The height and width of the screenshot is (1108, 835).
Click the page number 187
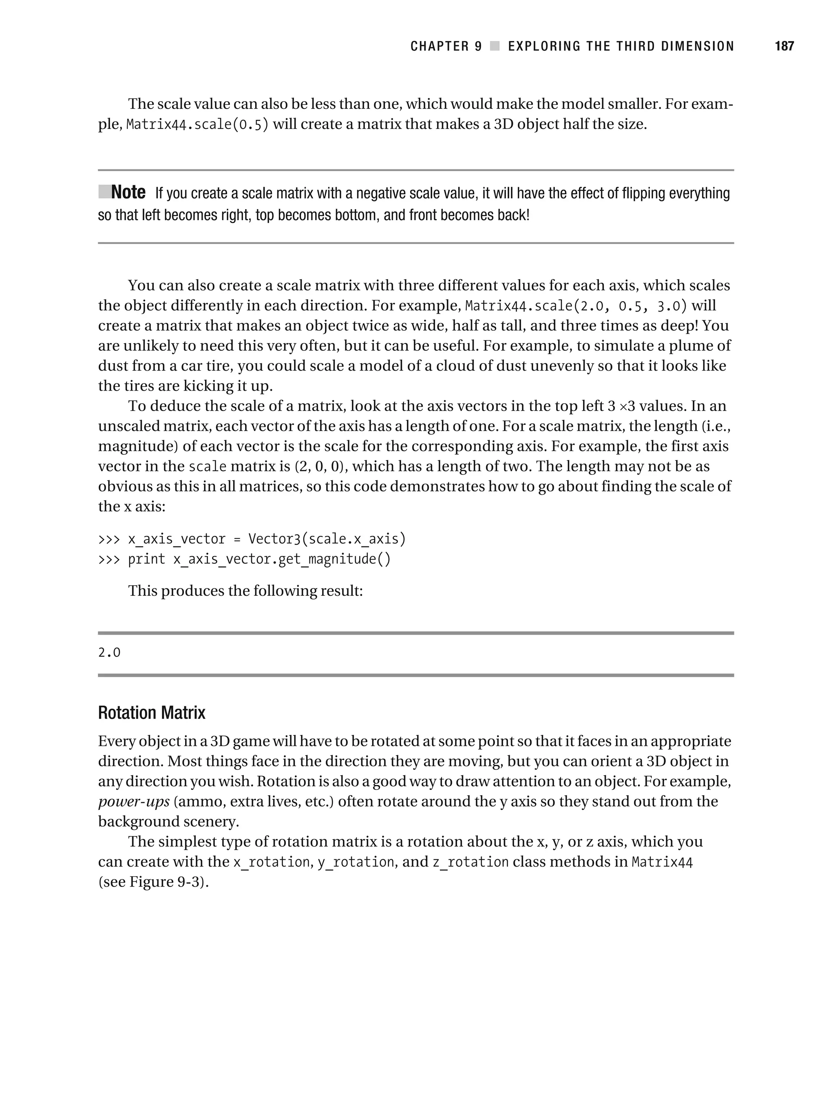pyautogui.click(x=784, y=46)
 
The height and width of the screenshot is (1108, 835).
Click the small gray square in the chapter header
pyautogui.click(x=495, y=46)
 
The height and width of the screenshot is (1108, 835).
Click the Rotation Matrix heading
pyautogui.click(x=151, y=713)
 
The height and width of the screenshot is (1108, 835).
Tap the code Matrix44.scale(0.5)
pyautogui.click(x=197, y=125)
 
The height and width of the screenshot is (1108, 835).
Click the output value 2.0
pyautogui.click(x=109, y=652)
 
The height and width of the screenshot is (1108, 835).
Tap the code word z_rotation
pyautogui.click(x=471, y=862)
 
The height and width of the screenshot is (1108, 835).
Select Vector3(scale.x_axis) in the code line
pyautogui.click(x=327, y=539)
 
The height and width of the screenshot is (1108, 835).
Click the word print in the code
pyautogui.click(x=146, y=559)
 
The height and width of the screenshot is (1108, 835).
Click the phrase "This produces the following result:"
pyautogui.click(x=245, y=591)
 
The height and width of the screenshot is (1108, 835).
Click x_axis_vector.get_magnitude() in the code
pyautogui.click(x=281, y=559)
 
